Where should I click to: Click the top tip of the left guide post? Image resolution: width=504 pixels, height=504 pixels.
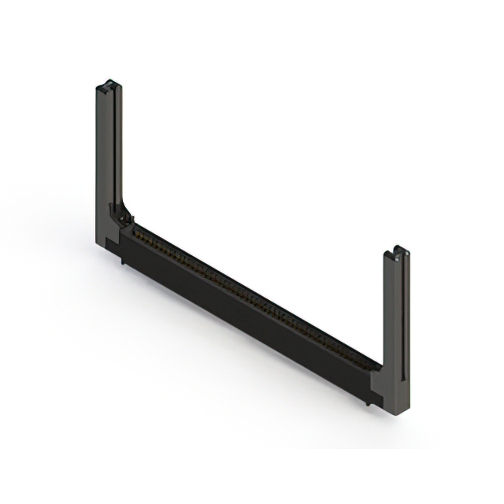109,81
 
